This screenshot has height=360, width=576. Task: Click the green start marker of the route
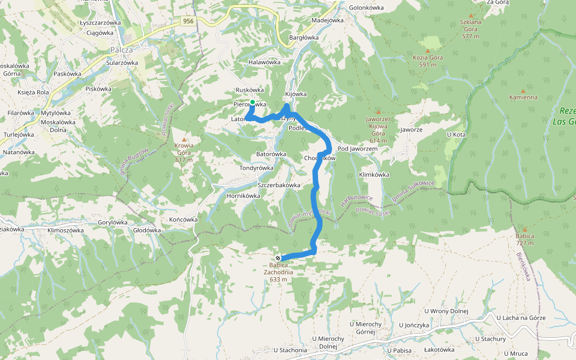(x=253, y=103)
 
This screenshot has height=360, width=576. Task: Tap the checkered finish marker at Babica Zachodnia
(x=278, y=258)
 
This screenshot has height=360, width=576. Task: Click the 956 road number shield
(x=189, y=21)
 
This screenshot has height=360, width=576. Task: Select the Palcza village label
(x=121, y=50)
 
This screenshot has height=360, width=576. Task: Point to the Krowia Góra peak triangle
(x=184, y=139)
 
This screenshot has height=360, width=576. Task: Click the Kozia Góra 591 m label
(x=428, y=61)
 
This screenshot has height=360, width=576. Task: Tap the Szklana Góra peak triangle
(x=470, y=16)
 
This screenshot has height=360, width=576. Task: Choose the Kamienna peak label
(x=523, y=97)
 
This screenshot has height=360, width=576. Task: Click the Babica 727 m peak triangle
(x=524, y=229)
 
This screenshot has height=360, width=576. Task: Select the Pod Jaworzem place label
(x=357, y=149)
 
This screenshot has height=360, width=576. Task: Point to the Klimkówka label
(x=374, y=175)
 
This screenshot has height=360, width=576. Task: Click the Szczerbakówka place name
(x=278, y=185)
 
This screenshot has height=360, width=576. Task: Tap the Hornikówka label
(x=244, y=196)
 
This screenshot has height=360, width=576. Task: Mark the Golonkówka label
(x=366, y=8)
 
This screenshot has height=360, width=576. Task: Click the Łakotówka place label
(x=439, y=349)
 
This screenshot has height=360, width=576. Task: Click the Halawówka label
(x=264, y=62)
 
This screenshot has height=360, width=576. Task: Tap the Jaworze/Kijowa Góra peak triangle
(x=378, y=112)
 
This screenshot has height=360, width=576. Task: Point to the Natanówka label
(x=19, y=152)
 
